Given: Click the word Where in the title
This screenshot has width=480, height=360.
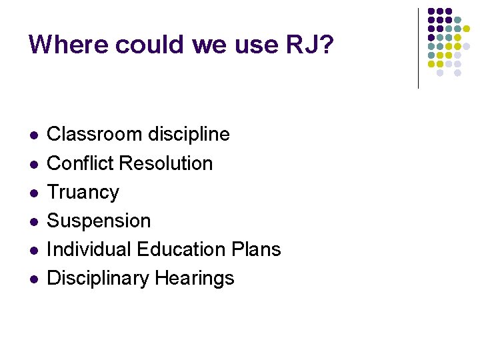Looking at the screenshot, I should tap(69, 45).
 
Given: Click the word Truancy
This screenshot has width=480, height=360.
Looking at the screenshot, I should tap(83, 192).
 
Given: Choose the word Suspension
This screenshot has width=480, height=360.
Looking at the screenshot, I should tap(99, 221).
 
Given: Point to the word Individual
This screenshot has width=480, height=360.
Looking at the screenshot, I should tap(89, 249).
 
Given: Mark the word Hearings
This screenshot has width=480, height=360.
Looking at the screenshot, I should tap(195, 278).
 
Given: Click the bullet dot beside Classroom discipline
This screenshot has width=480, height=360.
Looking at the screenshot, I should tap(32, 135).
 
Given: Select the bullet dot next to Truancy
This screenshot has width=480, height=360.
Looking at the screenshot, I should tap(32, 193).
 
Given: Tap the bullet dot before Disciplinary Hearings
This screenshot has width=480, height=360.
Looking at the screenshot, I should tap(32, 279).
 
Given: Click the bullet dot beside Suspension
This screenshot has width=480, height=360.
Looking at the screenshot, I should tap(32, 221).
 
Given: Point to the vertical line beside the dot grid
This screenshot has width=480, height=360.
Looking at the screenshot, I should tap(418, 48).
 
